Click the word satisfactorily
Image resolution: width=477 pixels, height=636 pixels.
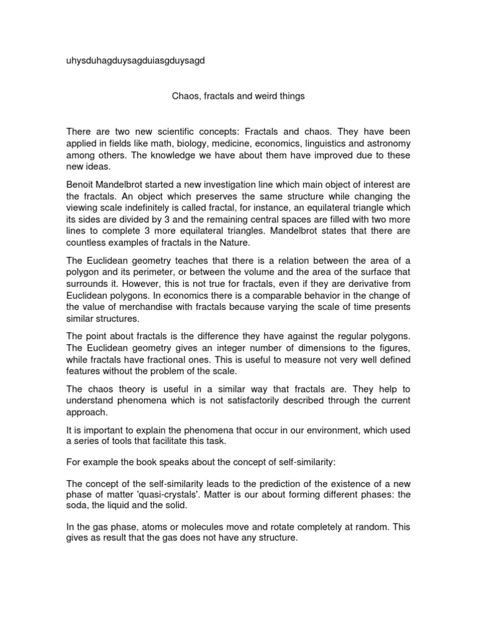tap(252, 401)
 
